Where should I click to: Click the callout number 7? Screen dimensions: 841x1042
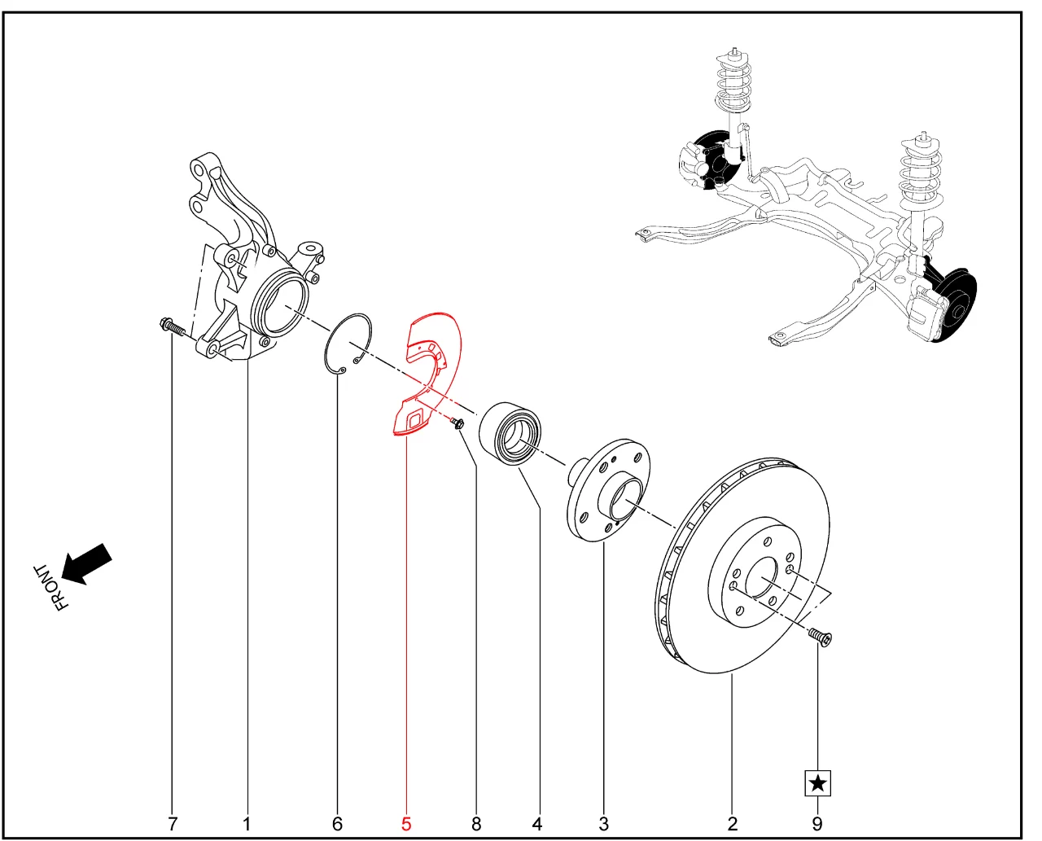[173, 824]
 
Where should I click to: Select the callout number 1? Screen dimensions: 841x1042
[247, 824]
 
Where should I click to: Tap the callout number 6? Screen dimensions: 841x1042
[338, 824]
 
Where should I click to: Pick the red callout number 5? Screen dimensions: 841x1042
[406, 824]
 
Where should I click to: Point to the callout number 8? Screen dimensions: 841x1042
[476, 824]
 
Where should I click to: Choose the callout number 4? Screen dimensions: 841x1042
[537, 824]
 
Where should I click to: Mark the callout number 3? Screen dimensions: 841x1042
[603, 824]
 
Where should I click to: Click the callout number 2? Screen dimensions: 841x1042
[733, 824]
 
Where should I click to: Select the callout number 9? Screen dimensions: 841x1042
[817, 824]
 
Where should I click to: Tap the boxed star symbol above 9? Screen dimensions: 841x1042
[817, 783]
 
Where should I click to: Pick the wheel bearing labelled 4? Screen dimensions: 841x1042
[510, 434]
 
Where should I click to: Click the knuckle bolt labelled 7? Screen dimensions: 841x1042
[173, 327]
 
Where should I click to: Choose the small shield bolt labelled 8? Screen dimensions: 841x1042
[458, 423]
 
